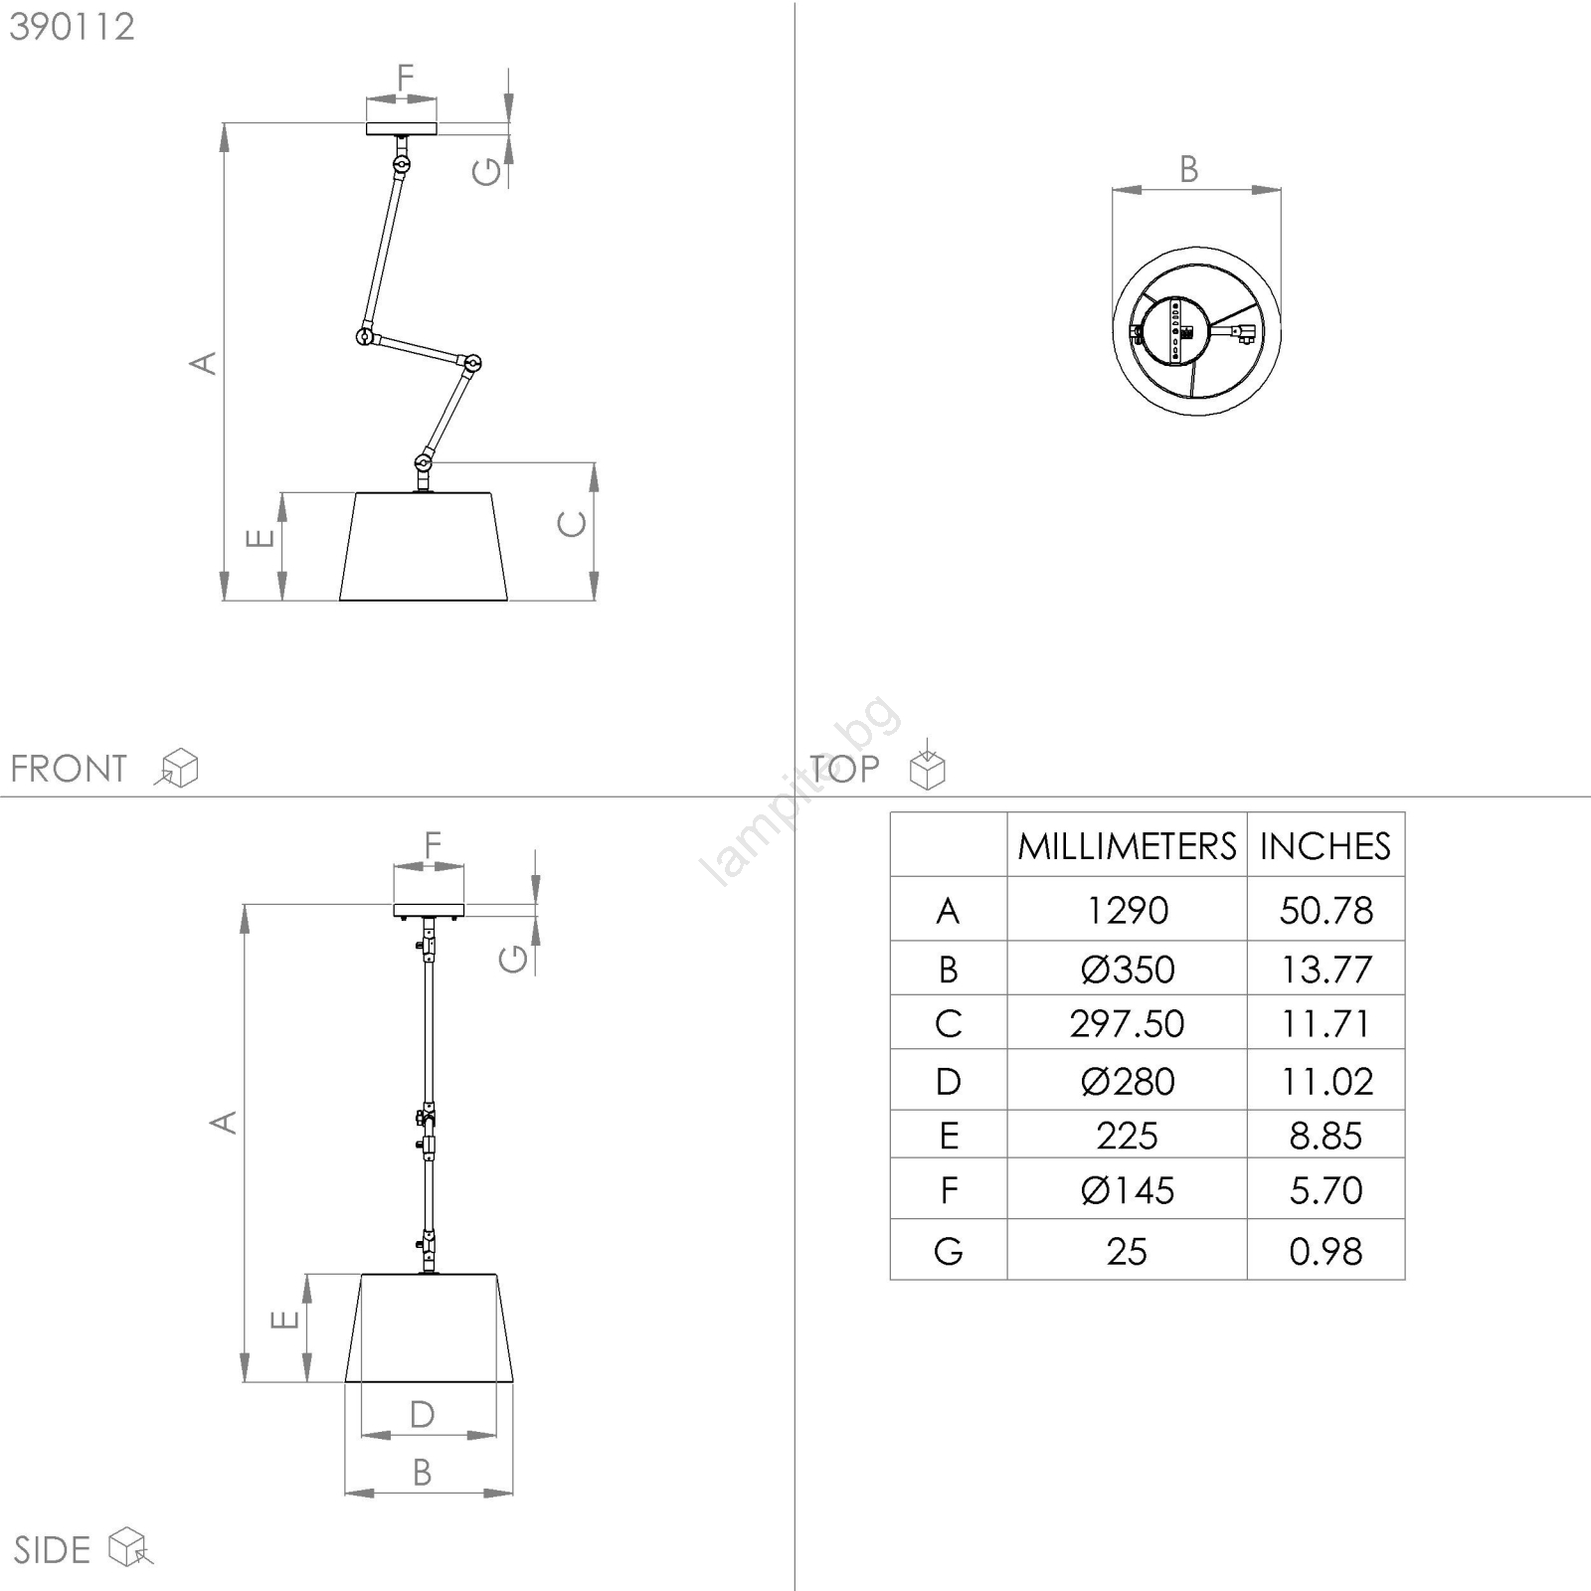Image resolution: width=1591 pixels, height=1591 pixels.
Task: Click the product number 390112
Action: pos(73,27)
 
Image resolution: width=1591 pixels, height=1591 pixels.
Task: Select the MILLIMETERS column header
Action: pos(1127,846)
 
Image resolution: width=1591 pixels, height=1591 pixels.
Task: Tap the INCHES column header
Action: pos(1326,846)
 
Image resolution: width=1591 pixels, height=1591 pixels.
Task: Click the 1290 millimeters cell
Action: pos(1127,910)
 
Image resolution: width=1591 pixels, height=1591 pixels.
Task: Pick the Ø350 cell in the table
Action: pos(1127,969)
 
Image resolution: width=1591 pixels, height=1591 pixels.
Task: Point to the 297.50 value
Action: pos(1127,1023)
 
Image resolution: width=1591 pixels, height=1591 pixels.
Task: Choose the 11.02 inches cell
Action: pos(1326,1081)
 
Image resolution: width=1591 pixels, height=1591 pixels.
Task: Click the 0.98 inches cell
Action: pos(1326,1251)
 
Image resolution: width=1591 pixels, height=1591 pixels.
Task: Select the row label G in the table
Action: pos(949,1251)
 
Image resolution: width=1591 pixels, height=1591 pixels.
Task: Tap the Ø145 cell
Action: pos(1127,1190)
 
